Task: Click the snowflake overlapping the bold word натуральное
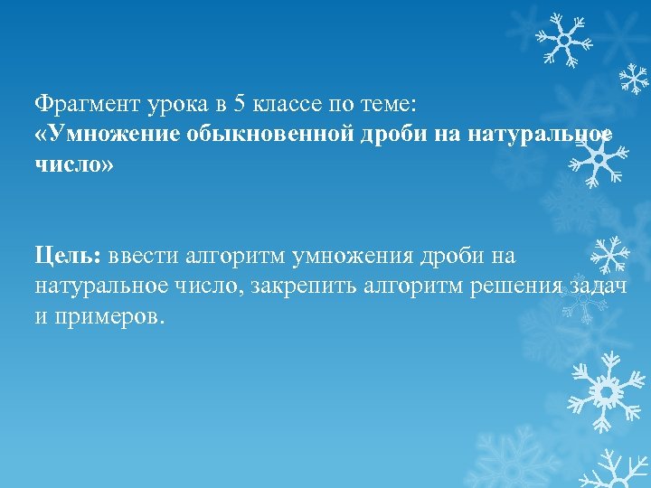pos(598,155)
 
